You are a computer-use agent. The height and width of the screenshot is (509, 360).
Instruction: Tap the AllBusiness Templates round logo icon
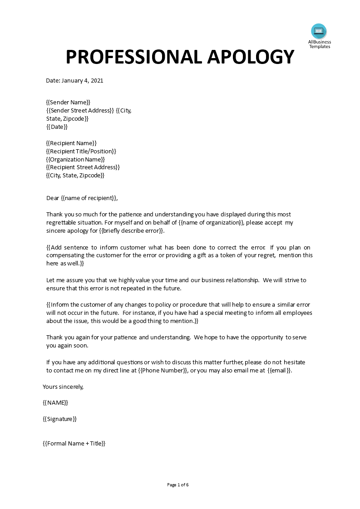(319, 31)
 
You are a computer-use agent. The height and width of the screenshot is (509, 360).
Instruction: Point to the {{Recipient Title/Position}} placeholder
(81, 151)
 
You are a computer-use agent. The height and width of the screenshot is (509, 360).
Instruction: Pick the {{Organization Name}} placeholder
(75, 159)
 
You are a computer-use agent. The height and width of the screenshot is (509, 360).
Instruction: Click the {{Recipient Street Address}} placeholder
(83, 167)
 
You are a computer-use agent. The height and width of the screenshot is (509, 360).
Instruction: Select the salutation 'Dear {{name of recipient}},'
(82, 198)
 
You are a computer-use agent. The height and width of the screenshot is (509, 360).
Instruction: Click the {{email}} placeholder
(279, 370)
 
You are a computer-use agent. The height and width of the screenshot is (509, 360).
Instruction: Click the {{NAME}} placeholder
(55, 402)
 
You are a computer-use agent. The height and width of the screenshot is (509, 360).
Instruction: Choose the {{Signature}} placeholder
(59, 419)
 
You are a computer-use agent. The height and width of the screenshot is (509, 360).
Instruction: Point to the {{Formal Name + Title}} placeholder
(74, 443)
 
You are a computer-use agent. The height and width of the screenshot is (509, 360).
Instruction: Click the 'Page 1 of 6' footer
(178, 485)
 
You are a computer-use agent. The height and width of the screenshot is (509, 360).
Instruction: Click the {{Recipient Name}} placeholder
(71, 143)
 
